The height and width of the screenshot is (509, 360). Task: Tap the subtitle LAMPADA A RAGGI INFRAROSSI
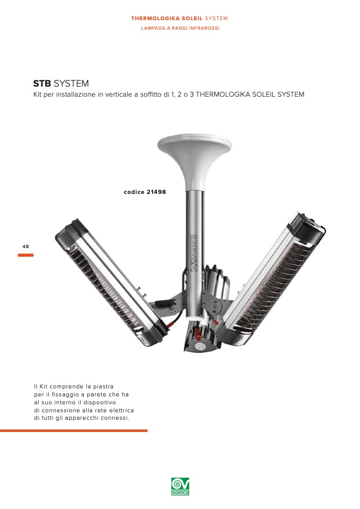point(180,28)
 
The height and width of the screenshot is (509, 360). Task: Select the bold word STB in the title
point(42,83)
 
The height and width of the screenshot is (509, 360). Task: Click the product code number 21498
point(156,192)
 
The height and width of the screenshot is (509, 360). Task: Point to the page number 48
point(26,247)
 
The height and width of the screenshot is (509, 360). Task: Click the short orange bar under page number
point(26,255)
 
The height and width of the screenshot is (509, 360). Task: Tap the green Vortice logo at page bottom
point(180,486)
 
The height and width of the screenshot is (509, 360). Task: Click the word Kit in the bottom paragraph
point(43,386)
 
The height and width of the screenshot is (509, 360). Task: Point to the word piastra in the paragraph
point(103,387)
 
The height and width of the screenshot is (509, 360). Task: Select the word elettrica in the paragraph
point(122,410)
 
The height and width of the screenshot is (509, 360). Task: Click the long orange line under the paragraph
point(74,431)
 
